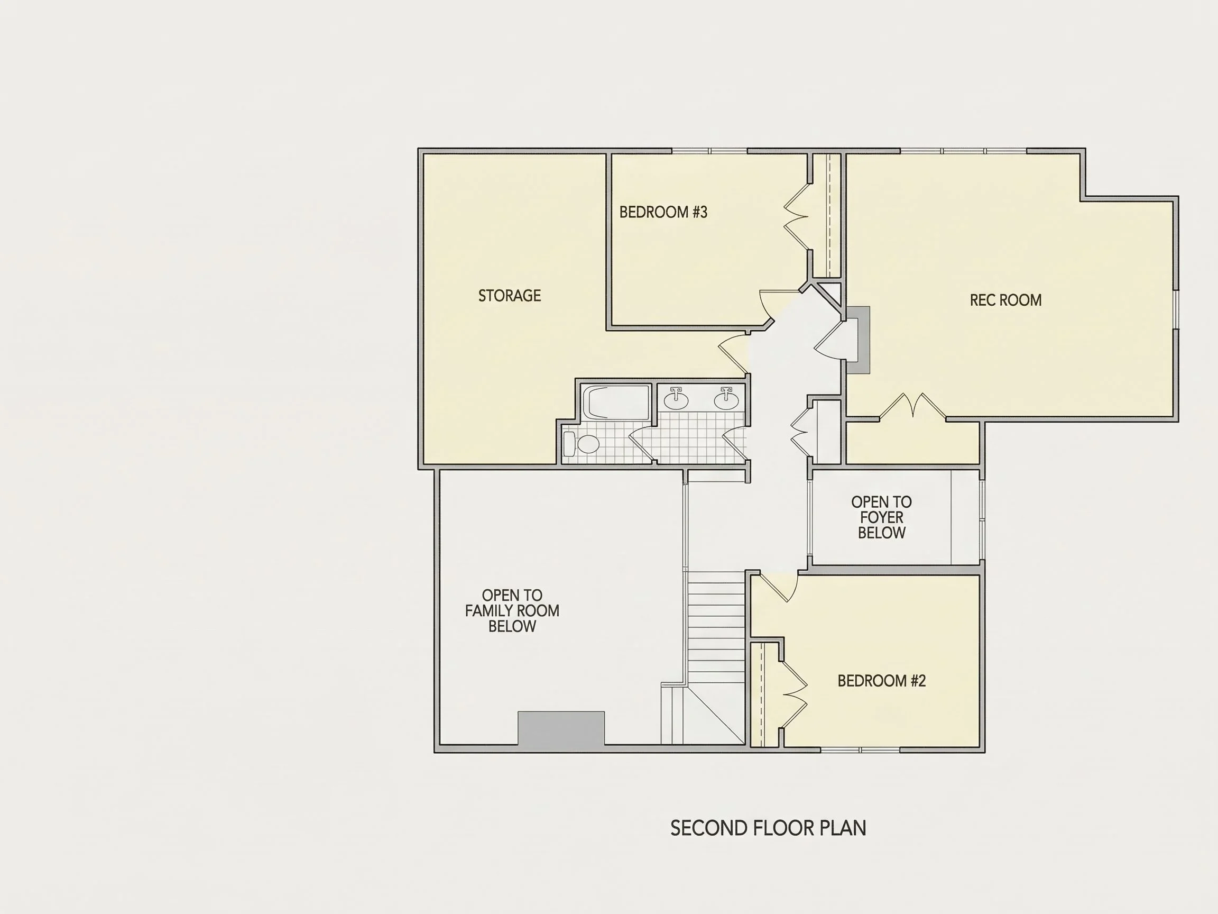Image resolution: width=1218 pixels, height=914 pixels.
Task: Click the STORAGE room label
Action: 509,296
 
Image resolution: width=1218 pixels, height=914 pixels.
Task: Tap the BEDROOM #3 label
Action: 663,212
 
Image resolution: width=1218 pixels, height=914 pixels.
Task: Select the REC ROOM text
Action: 1005,300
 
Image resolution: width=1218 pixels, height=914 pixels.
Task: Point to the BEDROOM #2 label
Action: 882,681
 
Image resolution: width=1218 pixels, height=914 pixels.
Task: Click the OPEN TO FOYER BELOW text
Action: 882,517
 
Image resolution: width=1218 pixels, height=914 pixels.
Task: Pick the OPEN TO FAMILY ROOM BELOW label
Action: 512,610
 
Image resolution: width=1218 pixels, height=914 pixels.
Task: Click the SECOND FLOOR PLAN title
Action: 768,828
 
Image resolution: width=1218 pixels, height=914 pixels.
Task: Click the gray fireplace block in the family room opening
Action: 561,728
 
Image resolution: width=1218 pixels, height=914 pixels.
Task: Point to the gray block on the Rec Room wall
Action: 858,340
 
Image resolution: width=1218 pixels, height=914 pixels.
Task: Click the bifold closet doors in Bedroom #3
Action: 796,216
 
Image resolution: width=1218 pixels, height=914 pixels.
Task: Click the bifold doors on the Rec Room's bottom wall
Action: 912,406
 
